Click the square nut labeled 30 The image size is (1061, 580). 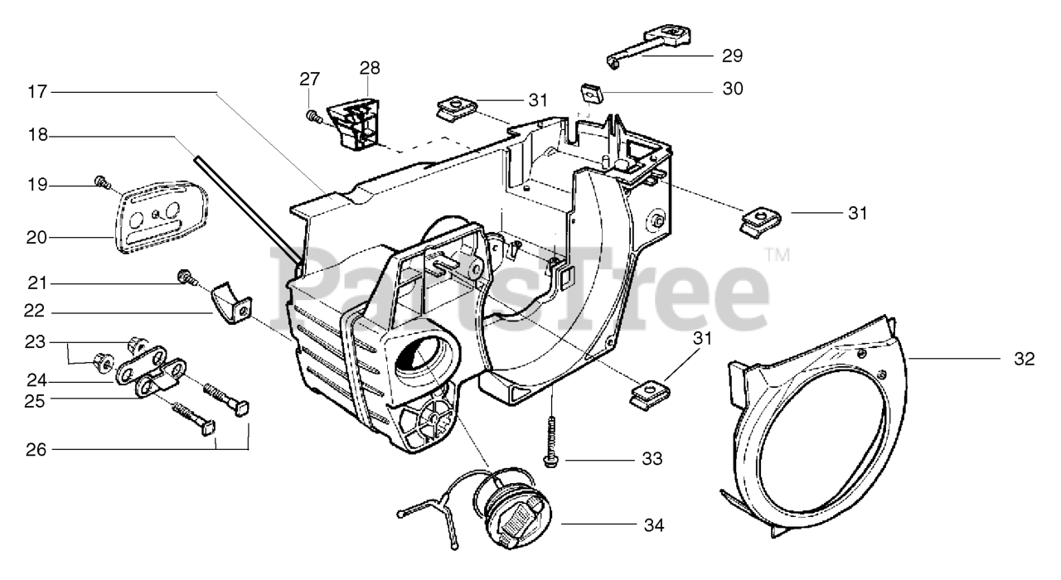591,92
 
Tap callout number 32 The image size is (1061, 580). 1024,359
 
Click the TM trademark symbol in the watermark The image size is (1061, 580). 776,254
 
